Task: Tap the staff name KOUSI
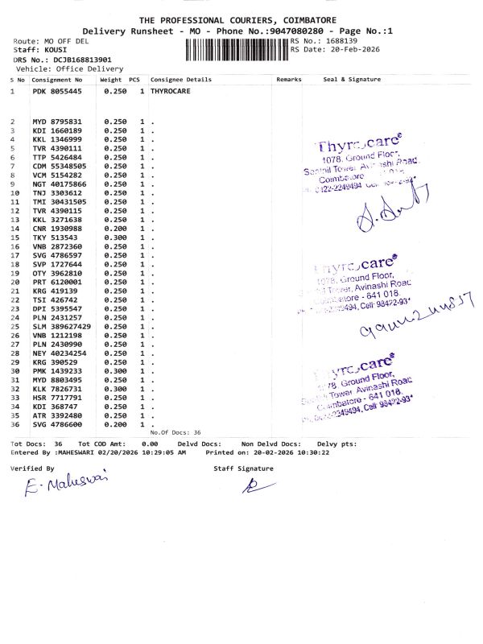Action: (56, 50)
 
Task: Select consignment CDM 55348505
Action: (59, 166)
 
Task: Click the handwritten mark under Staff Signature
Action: (251, 485)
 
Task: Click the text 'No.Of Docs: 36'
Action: (175, 432)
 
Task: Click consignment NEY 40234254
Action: (59, 353)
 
